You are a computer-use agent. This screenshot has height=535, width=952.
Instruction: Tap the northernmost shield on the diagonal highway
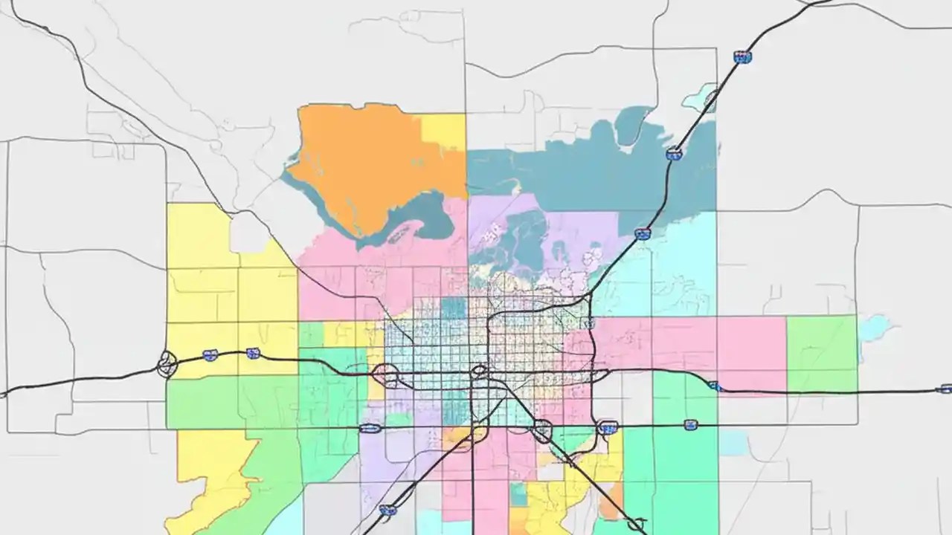742,57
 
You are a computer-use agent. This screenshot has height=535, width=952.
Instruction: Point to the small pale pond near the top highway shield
699,97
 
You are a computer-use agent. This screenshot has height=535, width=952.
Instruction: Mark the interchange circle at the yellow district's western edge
167,365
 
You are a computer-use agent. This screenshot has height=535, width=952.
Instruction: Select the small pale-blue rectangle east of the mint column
733,444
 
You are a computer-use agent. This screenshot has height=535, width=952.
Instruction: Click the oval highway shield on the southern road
370,428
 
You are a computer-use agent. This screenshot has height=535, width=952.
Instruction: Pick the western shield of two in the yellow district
210,356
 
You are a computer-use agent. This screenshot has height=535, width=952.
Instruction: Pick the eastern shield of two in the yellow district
253,353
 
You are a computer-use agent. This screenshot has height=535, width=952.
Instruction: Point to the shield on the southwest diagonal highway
387,510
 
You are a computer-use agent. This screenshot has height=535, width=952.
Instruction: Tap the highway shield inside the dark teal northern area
674,154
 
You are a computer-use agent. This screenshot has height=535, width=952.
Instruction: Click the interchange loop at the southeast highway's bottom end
636,524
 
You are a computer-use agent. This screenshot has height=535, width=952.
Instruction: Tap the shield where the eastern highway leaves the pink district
714,386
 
